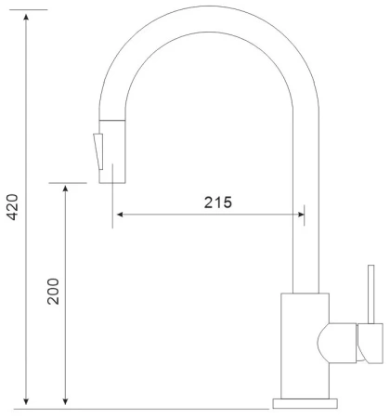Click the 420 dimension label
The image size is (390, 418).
[13, 207]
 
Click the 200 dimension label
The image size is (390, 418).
[53, 292]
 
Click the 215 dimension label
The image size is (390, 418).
[218, 202]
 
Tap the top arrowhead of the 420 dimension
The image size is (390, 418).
[26, 17]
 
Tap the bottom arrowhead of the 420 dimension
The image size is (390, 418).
[26, 401]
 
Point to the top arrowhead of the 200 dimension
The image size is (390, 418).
[65, 189]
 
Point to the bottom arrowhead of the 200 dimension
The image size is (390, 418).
[65, 401]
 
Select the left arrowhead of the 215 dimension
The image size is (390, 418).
[120, 215]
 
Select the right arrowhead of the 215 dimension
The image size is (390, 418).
[300, 215]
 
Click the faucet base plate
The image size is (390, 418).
[305, 403]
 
